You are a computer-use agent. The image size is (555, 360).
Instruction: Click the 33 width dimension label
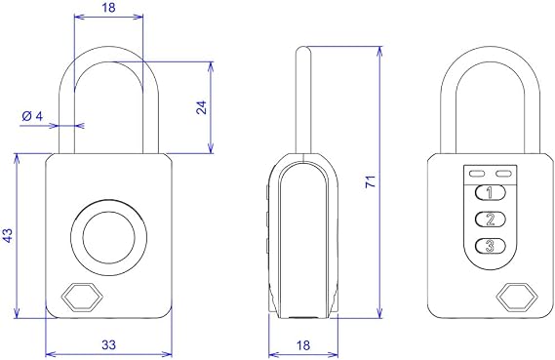click(108, 344)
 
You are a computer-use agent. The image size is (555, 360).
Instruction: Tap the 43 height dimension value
click(8, 235)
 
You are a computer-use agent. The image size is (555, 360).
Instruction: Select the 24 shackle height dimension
click(201, 107)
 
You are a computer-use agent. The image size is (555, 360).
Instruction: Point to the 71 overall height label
click(371, 180)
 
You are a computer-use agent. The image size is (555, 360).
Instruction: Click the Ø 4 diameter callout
click(32, 116)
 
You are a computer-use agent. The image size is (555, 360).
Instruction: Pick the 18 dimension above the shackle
click(108, 8)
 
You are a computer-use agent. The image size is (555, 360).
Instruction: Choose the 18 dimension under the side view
click(303, 345)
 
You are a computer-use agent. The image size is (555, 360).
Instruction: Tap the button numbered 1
click(490, 193)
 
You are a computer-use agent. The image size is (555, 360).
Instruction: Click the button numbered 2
click(490, 220)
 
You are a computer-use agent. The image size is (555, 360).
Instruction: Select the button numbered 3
click(490, 246)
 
